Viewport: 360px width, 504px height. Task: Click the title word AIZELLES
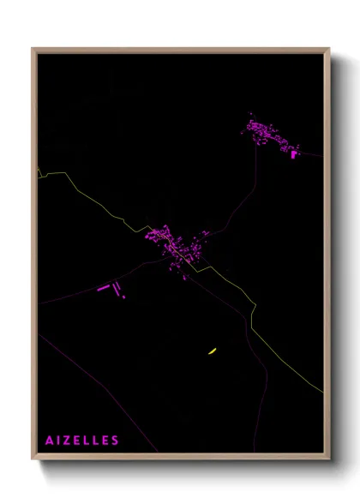[x=82, y=441]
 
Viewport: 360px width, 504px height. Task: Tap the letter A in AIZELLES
[x=50, y=441]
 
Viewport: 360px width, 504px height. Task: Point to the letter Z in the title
[x=68, y=441]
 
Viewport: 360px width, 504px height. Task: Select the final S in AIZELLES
[x=116, y=441]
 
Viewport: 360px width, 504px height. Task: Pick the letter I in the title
[x=58, y=441]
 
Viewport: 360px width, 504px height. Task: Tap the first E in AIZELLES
[x=78, y=441]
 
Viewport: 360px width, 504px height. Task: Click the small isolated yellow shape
[x=211, y=351]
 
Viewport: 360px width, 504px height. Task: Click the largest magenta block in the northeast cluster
[x=295, y=154]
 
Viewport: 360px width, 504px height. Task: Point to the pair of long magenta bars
[x=107, y=287]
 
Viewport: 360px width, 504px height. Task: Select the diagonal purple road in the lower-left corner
[x=94, y=386]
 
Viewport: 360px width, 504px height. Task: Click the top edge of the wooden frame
[x=180, y=50]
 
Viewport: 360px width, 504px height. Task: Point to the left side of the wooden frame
[x=34, y=257]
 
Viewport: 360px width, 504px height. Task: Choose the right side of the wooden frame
[x=327, y=257]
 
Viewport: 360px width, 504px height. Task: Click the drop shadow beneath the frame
[x=189, y=468]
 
